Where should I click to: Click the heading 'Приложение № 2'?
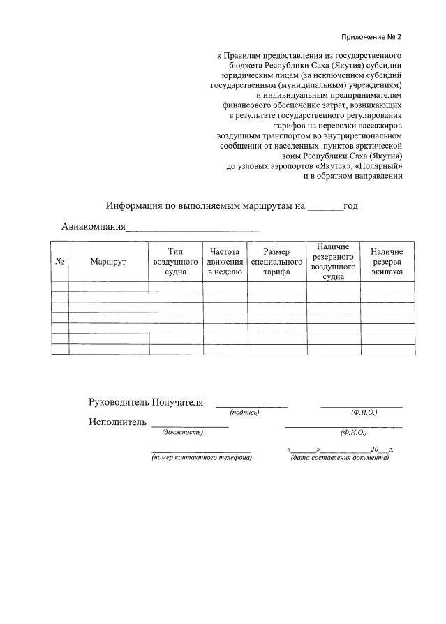click(x=372, y=37)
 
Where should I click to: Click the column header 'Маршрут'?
click(x=107, y=261)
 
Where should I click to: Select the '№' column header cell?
click(x=60, y=261)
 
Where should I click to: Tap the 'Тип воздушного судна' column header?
click(x=175, y=261)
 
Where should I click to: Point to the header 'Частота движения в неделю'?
click(x=224, y=261)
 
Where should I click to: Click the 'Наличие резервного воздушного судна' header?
click(x=333, y=261)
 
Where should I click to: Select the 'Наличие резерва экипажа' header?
click(x=387, y=261)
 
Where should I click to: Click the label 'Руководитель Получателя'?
click(x=146, y=402)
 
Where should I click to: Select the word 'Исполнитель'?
click(x=117, y=422)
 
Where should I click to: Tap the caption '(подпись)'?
click(x=244, y=413)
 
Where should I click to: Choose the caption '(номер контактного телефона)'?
click(x=201, y=457)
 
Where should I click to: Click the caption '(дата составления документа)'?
click(x=339, y=457)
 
